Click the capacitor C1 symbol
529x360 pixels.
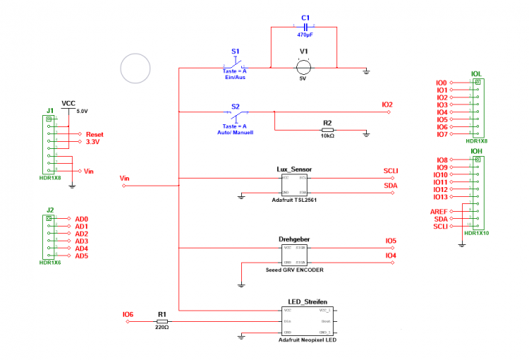[x=305, y=26]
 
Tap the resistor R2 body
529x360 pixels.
[x=327, y=131]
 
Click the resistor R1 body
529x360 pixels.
[x=162, y=321]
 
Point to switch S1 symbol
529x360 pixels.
[x=236, y=66]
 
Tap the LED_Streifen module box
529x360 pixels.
[x=309, y=320]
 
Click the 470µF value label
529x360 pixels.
[x=305, y=35]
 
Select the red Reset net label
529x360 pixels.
[x=95, y=134]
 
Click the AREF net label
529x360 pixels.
[x=439, y=211]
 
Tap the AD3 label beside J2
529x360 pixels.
[x=81, y=241]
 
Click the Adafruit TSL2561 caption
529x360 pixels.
[x=294, y=200]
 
